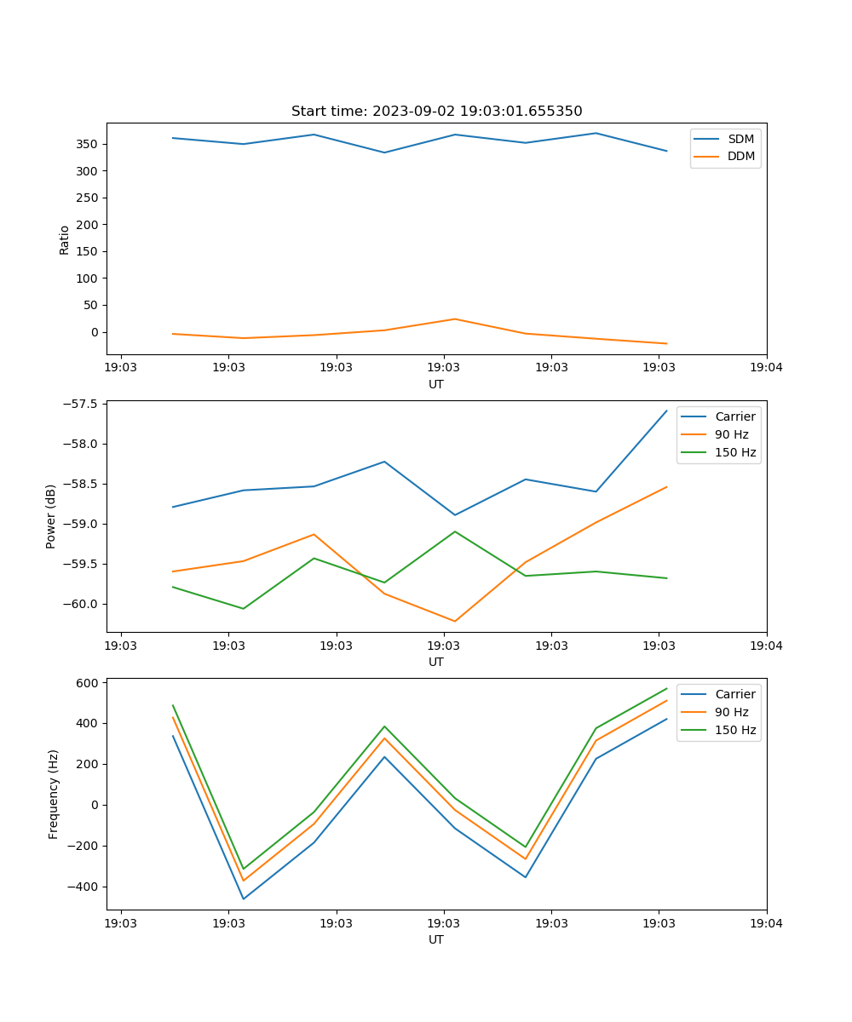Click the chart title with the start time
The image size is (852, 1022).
tap(436, 112)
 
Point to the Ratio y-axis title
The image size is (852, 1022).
tap(65, 239)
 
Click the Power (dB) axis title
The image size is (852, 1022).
tap(52, 516)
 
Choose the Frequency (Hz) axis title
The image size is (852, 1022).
tap(54, 794)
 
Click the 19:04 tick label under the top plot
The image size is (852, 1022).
tap(766, 369)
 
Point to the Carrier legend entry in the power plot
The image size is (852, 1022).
tap(734, 417)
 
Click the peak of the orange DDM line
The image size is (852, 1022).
tap(454, 319)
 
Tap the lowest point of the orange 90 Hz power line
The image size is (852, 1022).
tap(454, 621)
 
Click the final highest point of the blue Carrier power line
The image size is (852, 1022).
tap(666, 411)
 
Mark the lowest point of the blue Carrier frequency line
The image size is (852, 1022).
tap(244, 899)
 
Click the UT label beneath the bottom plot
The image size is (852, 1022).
tap(436, 940)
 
